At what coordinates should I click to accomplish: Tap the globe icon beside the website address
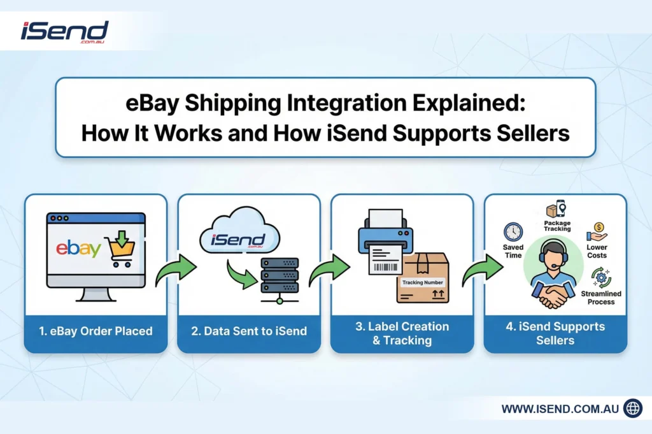(632, 409)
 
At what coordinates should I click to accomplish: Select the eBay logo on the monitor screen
(78, 249)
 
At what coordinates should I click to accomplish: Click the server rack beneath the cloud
(279, 278)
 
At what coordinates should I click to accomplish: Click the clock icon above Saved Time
(513, 231)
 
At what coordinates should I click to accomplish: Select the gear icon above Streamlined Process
(601, 277)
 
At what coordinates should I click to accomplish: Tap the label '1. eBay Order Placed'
(96, 331)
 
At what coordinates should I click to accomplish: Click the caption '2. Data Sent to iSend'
(248, 331)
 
